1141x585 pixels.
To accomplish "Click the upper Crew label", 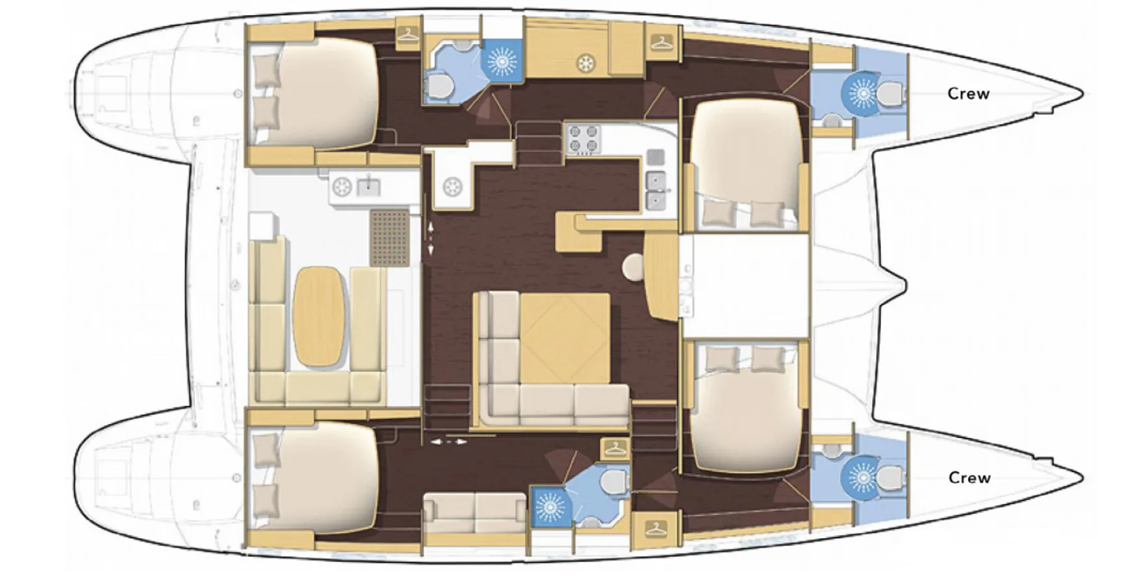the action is click(x=968, y=94).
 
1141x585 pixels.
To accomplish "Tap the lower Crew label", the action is click(x=969, y=478).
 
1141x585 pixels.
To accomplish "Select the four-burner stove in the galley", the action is click(x=583, y=140).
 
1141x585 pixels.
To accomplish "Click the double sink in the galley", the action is click(x=656, y=191).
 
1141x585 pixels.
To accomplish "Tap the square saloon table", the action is click(x=565, y=338).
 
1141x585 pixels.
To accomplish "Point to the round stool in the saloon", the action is click(x=633, y=265).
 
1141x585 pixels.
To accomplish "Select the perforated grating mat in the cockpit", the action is click(x=390, y=237).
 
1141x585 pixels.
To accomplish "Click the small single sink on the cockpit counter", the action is click(x=368, y=186).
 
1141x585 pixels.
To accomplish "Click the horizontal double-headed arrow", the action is click(x=449, y=441).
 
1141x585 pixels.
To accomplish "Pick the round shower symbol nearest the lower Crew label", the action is click(x=862, y=478).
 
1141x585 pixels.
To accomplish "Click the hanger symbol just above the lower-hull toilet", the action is click(x=615, y=448).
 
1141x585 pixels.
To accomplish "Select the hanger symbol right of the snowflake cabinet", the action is click(x=661, y=43).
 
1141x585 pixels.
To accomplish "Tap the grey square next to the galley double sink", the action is click(x=656, y=157).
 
